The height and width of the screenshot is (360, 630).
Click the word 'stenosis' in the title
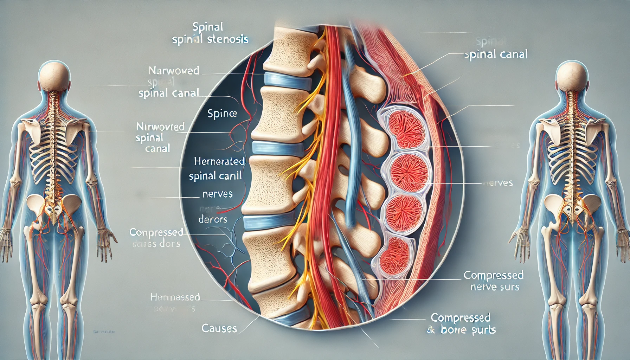(x=227, y=39)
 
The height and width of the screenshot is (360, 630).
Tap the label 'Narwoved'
(x=174, y=71)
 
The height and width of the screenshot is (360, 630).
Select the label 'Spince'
(x=222, y=114)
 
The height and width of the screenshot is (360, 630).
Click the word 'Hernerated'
(x=219, y=161)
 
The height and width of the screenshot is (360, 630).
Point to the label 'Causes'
(x=219, y=329)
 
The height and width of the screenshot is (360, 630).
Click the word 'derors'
(x=213, y=220)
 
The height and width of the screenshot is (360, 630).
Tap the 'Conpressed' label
(x=156, y=232)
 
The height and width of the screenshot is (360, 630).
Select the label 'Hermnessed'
(x=175, y=297)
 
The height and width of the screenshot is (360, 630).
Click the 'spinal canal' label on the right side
(x=496, y=54)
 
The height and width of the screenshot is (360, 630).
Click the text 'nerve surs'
(x=495, y=287)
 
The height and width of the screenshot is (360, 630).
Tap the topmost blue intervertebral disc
(x=287, y=81)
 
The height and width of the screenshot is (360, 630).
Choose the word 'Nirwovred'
(x=160, y=127)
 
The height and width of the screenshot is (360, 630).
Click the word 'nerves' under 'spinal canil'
(x=217, y=194)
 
